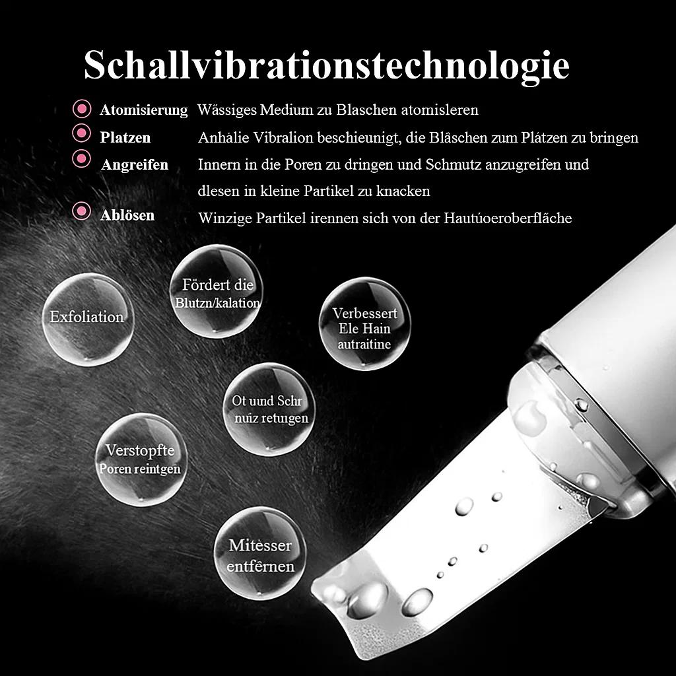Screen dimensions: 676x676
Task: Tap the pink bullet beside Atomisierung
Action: point(82,108)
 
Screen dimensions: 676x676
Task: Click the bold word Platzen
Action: point(125,138)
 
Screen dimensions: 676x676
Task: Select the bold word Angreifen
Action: point(135,164)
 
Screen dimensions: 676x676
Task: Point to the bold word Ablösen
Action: point(127,215)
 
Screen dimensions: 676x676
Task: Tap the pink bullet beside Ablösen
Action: point(82,212)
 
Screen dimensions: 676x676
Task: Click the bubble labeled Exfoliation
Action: point(87,319)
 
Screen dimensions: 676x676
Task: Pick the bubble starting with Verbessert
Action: point(364,323)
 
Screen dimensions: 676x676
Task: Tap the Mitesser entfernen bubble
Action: point(260,554)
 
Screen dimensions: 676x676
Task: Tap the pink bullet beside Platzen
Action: point(82,133)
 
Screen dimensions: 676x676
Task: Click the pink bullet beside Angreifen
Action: point(82,158)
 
